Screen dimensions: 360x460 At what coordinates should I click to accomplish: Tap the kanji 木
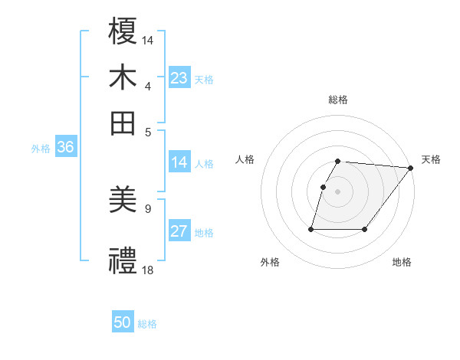123,77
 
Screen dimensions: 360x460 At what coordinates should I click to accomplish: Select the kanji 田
123,123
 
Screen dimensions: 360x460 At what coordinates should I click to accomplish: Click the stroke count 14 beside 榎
148,38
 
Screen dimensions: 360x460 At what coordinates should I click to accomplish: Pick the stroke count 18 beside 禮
148,270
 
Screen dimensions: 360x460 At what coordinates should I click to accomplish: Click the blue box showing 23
179,78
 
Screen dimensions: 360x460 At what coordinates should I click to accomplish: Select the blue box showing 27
179,231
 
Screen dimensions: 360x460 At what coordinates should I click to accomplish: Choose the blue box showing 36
65,148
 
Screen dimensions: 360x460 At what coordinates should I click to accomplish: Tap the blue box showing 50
123,322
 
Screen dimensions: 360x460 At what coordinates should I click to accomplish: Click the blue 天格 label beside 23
204,80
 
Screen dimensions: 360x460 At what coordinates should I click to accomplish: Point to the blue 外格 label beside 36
40,149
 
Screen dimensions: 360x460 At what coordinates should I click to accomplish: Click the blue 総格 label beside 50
147,324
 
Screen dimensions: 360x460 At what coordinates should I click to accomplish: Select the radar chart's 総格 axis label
338,100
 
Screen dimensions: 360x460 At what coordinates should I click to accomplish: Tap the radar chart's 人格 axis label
245,159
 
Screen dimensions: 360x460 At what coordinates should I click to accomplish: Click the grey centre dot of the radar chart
338,191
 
